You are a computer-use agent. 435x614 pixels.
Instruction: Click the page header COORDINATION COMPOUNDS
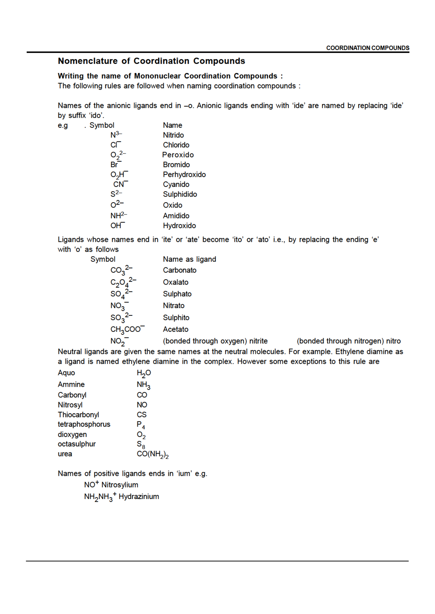(367, 48)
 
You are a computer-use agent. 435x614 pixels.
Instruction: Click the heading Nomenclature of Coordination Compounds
(151, 61)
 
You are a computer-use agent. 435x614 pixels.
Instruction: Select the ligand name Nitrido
(173, 135)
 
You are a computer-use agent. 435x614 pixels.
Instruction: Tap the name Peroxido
(178, 155)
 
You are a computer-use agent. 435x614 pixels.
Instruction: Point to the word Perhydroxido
(184, 175)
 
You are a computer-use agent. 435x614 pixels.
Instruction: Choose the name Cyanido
(176, 184)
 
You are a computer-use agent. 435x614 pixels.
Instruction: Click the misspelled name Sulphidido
(180, 194)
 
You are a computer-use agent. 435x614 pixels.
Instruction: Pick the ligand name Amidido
(176, 216)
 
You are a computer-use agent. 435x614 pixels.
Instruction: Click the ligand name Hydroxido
(179, 226)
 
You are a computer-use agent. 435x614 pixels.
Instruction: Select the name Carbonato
(180, 270)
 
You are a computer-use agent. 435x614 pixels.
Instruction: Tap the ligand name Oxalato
(175, 282)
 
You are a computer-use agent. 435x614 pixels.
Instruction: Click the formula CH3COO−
(127, 329)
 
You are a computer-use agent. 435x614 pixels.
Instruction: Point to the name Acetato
(175, 329)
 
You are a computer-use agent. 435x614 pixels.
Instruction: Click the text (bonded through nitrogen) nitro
(349, 341)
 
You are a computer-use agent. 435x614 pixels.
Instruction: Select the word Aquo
(66, 373)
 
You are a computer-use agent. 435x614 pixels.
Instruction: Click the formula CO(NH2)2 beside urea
(153, 454)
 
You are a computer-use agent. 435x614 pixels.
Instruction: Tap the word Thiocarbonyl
(78, 415)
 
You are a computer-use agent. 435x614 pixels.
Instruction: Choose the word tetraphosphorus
(84, 424)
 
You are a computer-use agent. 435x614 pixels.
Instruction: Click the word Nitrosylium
(120, 485)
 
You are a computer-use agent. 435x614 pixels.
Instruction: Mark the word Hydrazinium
(139, 497)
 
